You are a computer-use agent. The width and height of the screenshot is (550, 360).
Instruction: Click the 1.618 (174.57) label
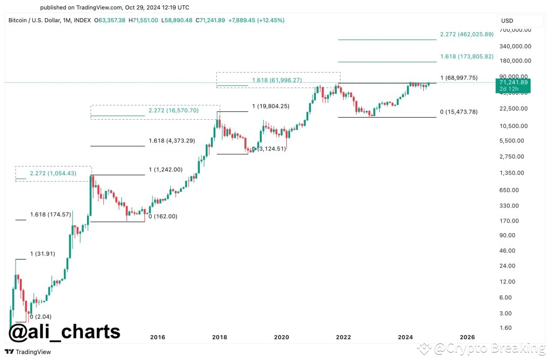[51, 214]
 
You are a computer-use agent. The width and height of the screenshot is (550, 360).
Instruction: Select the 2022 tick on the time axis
[343, 337]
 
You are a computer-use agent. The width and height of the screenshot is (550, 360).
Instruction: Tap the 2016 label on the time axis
[157, 337]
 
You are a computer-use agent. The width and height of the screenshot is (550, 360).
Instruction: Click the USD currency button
[507, 20]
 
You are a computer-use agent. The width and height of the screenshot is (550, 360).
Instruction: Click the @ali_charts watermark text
[64, 331]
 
